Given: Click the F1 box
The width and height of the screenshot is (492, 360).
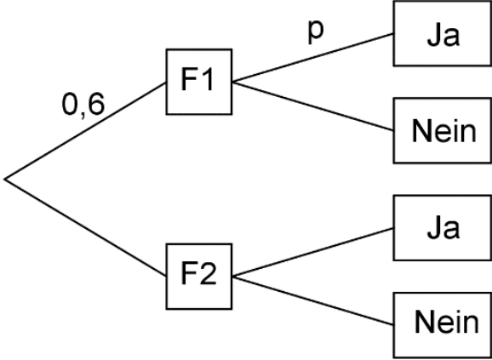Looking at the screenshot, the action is (199, 82).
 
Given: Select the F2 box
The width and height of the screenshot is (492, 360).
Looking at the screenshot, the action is (199, 277).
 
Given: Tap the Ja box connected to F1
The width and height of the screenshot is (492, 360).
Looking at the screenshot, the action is (443, 33).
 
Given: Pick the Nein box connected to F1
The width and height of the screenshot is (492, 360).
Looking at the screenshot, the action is (443, 130).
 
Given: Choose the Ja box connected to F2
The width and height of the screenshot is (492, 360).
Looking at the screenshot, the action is (443, 228).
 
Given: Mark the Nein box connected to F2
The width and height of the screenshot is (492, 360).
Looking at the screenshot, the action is (443, 325).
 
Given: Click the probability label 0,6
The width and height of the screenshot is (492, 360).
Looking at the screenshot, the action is (83, 105).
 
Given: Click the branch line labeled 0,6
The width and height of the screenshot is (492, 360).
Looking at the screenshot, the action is (85, 131).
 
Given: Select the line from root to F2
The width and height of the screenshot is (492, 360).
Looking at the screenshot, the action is (85, 228).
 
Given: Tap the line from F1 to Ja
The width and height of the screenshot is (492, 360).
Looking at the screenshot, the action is (313, 58).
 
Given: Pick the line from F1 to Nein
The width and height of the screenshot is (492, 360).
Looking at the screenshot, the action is (313, 106).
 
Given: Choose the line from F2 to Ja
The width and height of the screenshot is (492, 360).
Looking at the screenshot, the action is (313, 252).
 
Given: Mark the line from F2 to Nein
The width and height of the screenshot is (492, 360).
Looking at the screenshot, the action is (313, 300).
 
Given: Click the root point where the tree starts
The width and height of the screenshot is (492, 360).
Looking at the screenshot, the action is (5, 179).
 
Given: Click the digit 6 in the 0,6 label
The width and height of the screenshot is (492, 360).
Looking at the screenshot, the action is (95, 104).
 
